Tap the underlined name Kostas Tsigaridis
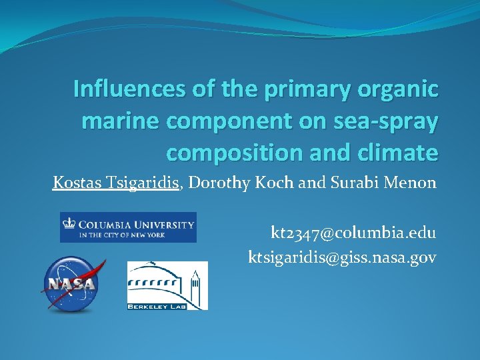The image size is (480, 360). (x=117, y=183)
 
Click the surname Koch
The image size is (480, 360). (x=273, y=183)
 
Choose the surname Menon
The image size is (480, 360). (x=412, y=183)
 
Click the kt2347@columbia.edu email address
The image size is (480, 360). (x=353, y=233)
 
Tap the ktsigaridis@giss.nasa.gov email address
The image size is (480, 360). (x=342, y=257)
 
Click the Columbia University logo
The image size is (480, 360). (x=128, y=227)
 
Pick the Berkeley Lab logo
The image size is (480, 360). (x=167, y=285)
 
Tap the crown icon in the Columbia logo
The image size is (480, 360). (x=69, y=223)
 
